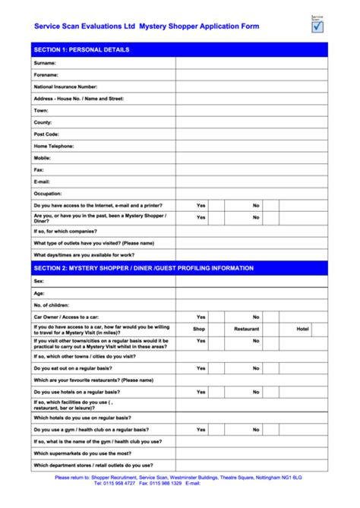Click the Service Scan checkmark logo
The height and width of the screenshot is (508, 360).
point(317,24)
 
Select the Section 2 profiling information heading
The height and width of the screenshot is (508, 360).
point(144,268)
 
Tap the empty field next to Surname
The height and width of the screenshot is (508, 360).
point(251,63)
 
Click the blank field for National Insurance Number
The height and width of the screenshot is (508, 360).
point(251,87)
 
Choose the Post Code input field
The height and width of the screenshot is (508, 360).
point(251,134)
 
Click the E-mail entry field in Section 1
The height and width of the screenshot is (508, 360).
point(251,181)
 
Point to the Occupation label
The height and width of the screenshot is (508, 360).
point(48,194)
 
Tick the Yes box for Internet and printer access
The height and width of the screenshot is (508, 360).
point(216,205)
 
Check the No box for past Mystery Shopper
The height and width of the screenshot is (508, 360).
point(272,217)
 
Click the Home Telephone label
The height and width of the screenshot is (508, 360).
point(54,146)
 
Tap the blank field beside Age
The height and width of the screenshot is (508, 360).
point(251,292)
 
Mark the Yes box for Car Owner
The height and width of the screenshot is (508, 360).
point(216,317)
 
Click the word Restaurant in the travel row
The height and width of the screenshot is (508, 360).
point(247,329)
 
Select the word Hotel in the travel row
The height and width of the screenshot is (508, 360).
point(302,329)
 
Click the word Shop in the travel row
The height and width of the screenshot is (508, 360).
point(200,329)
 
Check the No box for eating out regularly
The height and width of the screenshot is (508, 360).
point(272,368)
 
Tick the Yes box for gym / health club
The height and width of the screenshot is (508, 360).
point(216,429)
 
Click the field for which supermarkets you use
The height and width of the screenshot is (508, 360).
point(251,453)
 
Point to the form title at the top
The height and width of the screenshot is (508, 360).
point(147,26)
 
